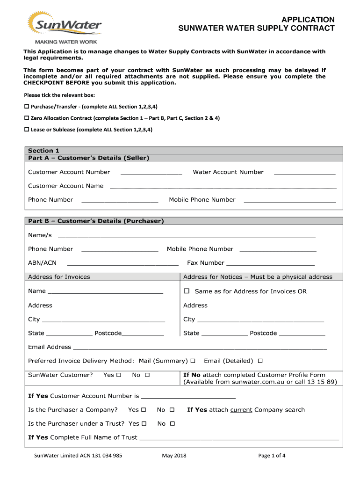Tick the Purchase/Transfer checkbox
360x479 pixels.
pyautogui.click(x=27, y=107)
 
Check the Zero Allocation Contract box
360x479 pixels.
pyautogui.click(x=27, y=118)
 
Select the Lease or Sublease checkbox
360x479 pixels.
pyautogui.click(x=27, y=130)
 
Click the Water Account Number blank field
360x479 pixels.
pyautogui.click(x=304, y=173)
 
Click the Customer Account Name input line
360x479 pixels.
pyautogui.click(x=223, y=187)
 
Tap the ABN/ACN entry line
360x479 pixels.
pyautogui.click(x=122, y=264)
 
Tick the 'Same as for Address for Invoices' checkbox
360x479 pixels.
pyautogui.click(x=186, y=291)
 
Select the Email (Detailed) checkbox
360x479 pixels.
pyautogui.click(x=260, y=361)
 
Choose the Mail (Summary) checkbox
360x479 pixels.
pyautogui.click(x=193, y=361)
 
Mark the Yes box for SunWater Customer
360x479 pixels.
pyautogui.click(x=119, y=375)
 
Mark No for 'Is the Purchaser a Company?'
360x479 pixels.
pyautogui.click(x=172, y=410)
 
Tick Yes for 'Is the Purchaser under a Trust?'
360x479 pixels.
pyautogui.click(x=144, y=424)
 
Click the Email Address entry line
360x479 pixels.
pyautogui.click(x=200, y=348)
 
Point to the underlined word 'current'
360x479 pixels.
pyautogui.click(x=241, y=410)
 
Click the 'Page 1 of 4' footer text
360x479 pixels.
pyautogui.click(x=272, y=456)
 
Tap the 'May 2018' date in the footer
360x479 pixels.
pyautogui.click(x=174, y=456)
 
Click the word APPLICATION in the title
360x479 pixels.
pyautogui.click(x=307, y=20)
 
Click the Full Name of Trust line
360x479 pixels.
pyautogui.click(x=239, y=439)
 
